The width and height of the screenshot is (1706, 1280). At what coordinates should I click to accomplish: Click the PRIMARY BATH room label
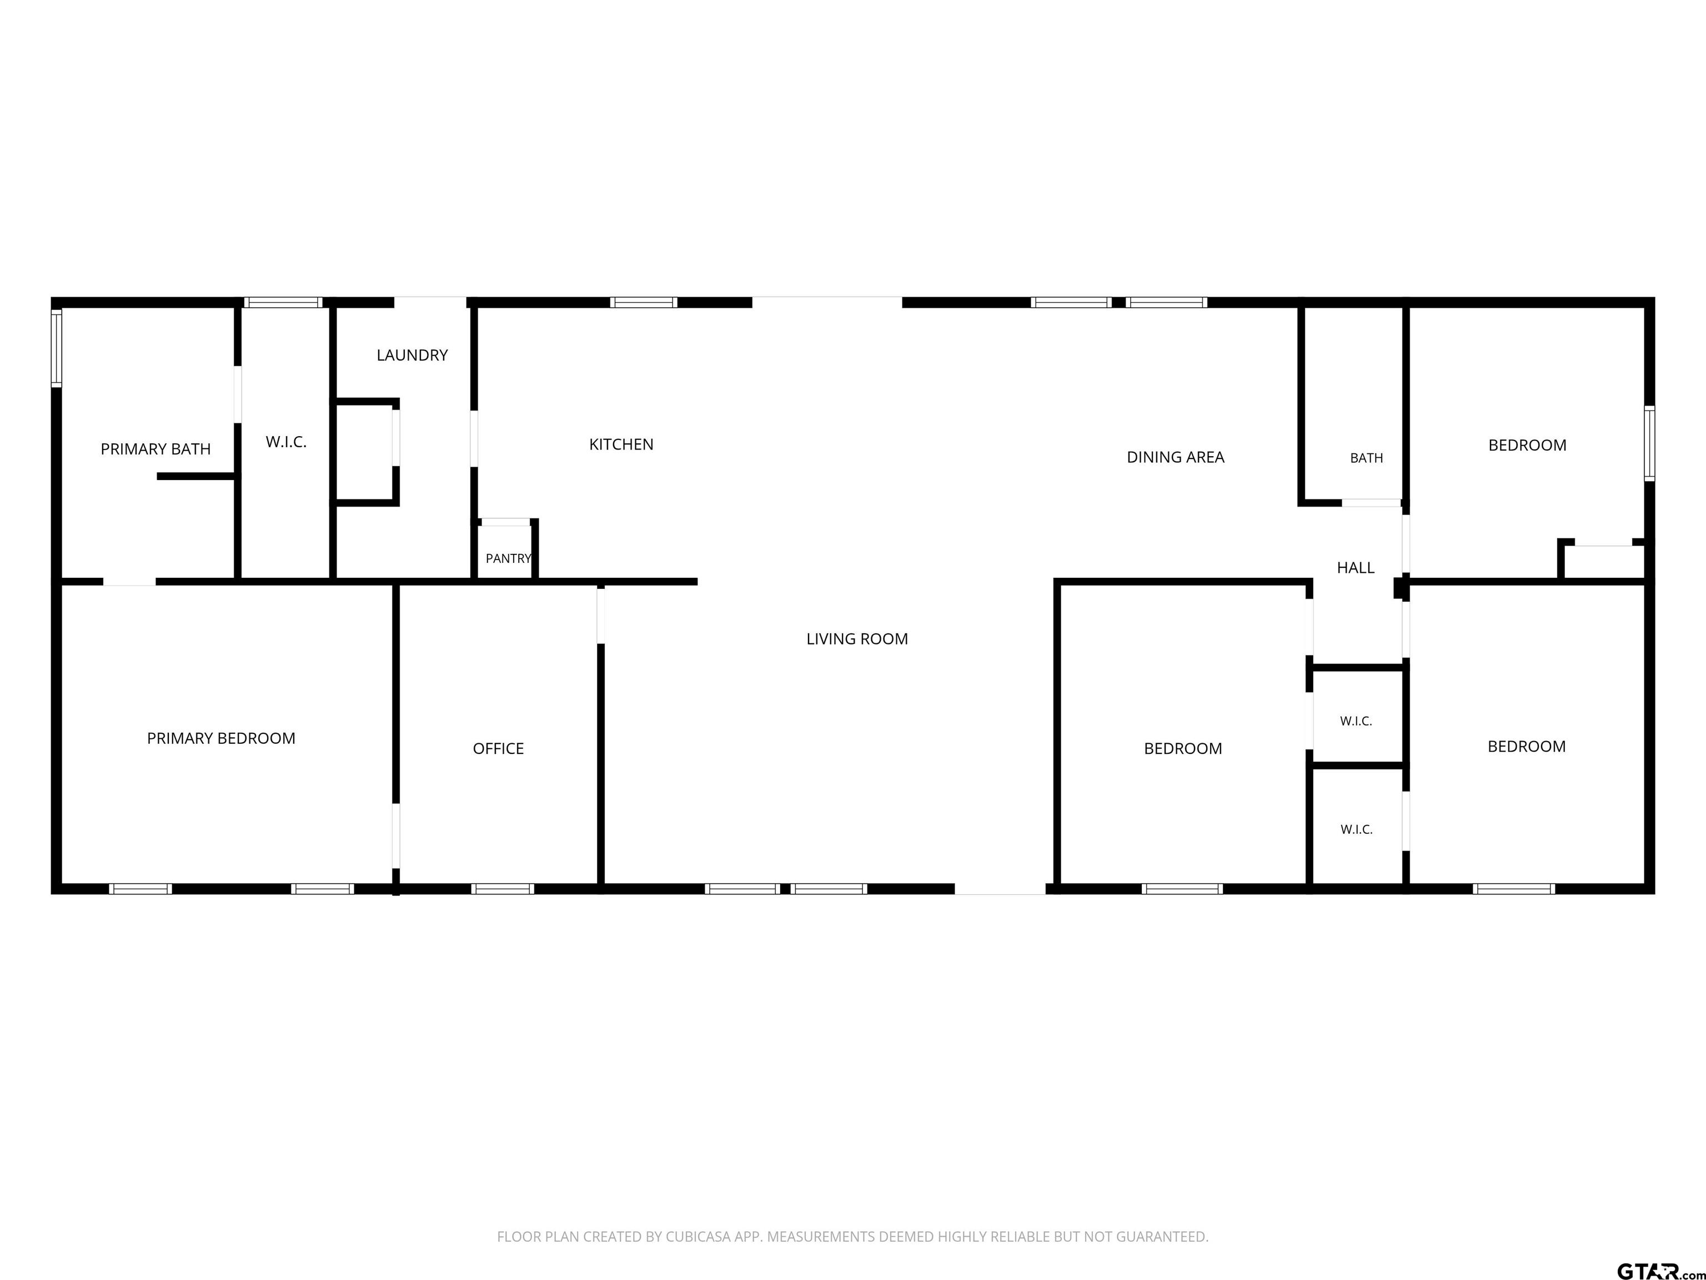tap(156, 449)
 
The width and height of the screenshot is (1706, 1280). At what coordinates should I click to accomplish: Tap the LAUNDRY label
tap(412, 355)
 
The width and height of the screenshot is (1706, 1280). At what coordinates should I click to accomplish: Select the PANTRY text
tap(508, 558)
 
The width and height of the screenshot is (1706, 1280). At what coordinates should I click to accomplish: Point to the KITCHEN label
tap(621, 444)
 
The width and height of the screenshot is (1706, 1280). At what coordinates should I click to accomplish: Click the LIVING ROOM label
tap(857, 639)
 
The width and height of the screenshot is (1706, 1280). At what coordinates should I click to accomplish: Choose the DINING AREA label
tap(1176, 458)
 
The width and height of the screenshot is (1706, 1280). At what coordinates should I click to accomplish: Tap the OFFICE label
tap(498, 748)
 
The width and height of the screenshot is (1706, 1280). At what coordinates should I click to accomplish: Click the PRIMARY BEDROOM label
tap(222, 738)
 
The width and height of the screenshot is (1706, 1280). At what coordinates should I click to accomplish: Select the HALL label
tap(1355, 568)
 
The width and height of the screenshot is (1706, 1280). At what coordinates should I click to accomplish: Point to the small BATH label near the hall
tap(1367, 458)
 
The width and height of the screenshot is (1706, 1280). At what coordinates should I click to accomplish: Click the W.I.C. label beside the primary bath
tap(286, 442)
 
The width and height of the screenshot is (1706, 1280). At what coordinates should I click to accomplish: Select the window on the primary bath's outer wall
tap(56, 347)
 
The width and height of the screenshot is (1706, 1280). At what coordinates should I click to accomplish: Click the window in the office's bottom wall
tap(503, 889)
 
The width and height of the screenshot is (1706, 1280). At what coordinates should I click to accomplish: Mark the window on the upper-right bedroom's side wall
tap(1650, 444)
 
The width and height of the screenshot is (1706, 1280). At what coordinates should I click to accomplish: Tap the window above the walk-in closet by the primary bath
tap(283, 302)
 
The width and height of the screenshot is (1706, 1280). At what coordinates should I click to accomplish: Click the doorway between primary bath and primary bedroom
tap(129, 582)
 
